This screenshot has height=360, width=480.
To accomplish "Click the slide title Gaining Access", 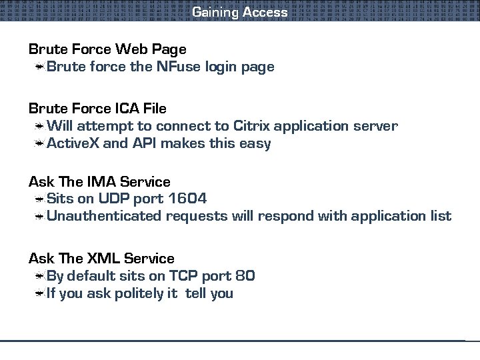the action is click(240, 12).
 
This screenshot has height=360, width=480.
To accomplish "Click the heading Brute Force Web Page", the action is click(107, 49).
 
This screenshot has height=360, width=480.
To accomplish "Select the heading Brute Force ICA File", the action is click(97, 108).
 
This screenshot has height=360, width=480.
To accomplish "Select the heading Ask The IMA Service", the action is click(99, 181).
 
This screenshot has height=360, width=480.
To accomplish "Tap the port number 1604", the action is click(187, 199).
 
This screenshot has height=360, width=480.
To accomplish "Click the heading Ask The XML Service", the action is click(101, 258).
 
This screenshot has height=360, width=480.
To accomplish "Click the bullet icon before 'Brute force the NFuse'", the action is click(41, 67).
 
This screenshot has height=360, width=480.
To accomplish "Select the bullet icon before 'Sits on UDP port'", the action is click(41, 199).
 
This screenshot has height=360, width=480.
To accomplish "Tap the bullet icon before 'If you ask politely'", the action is click(41, 293).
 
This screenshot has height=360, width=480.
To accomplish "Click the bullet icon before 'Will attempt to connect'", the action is click(41, 126).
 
